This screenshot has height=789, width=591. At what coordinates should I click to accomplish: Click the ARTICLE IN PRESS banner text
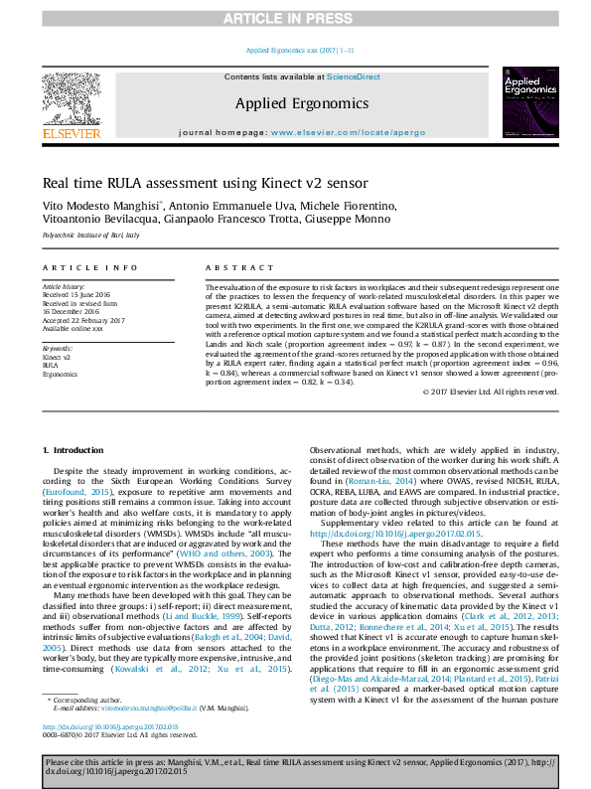(295, 18)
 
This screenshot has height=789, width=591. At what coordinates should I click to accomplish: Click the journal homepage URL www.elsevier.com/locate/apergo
(342, 132)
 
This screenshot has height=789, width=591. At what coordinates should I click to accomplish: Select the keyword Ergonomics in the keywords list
(60, 375)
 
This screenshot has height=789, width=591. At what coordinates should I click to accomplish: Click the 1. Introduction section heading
(76, 450)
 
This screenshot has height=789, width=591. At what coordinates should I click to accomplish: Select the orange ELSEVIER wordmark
(71, 132)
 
